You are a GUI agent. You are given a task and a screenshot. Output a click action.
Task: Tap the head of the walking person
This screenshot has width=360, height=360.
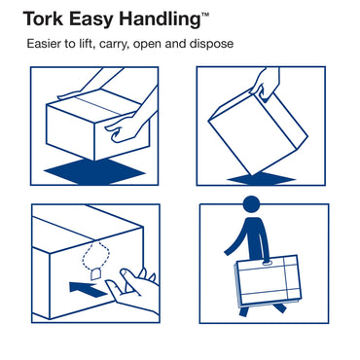pyautogui.click(x=252, y=208)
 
